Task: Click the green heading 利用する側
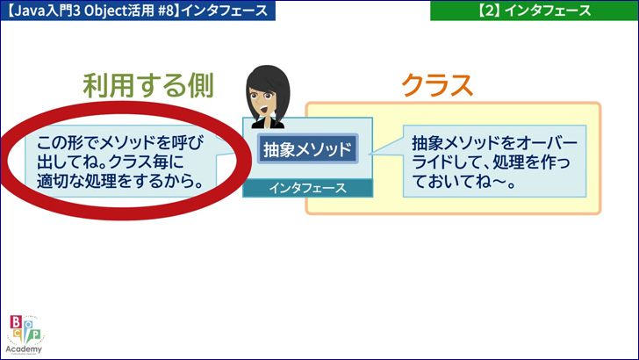(148, 86)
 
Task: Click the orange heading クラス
(437, 86)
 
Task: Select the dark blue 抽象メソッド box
(308, 148)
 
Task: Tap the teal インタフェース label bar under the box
(308, 188)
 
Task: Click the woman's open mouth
(264, 110)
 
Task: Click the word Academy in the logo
(24, 349)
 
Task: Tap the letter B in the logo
(16, 322)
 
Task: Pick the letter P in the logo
(36, 335)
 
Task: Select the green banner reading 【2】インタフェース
(535, 11)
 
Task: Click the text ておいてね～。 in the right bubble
(463, 182)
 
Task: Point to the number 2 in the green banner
(489, 11)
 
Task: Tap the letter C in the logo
(18, 335)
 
